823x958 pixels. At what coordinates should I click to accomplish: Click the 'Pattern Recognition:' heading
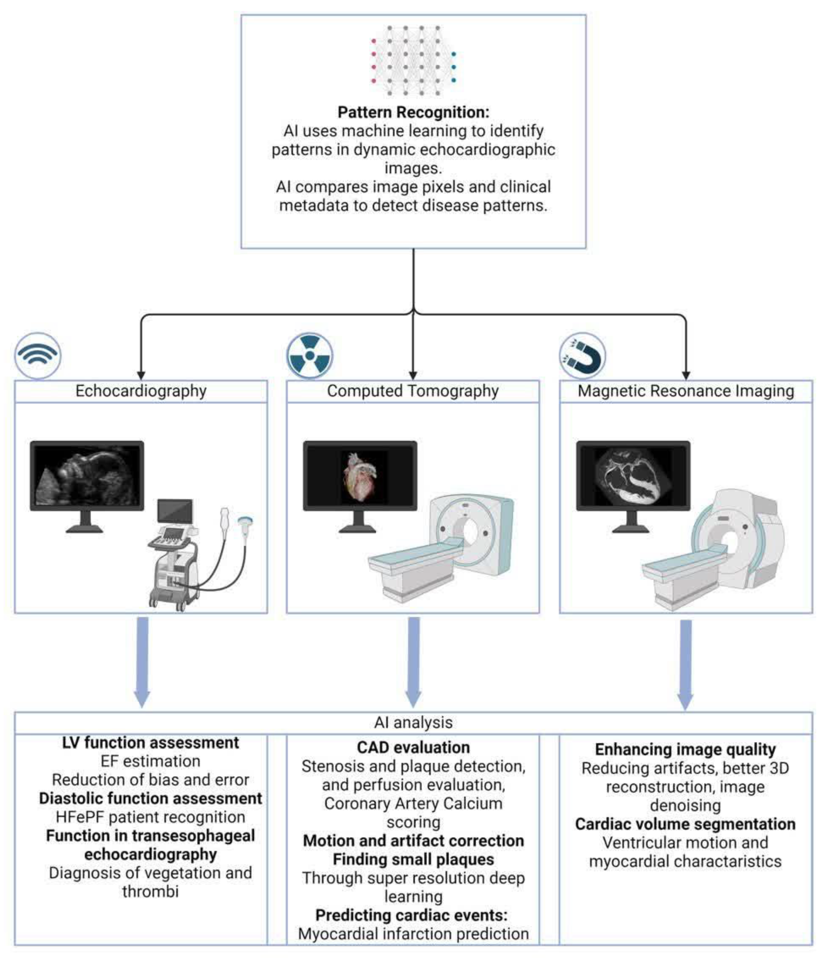(413, 112)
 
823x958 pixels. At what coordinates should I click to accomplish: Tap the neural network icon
(413, 60)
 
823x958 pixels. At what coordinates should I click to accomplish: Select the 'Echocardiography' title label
(141, 391)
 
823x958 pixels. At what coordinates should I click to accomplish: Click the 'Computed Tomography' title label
(413, 391)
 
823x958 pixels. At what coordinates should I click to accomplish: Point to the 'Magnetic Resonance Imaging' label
(685, 391)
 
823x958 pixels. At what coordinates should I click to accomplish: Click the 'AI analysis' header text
(413, 722)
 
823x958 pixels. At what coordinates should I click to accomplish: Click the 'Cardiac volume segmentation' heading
(685, 824)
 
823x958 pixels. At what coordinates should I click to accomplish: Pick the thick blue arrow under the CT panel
(413, 661)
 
